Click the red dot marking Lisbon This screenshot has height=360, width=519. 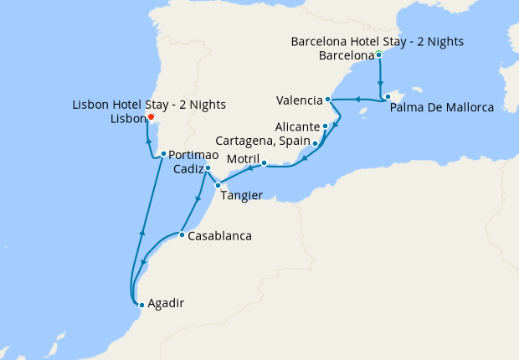pos(151,117)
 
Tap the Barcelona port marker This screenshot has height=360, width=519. pos(379,55)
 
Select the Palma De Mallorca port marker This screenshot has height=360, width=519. pos(388,97)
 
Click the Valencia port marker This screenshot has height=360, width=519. pos(328,100)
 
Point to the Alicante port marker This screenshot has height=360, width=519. pos(325,126)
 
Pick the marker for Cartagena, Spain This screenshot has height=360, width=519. pos(315,143)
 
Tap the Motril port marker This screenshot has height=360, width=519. pos(264,163)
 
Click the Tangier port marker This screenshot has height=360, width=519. pos(218,185)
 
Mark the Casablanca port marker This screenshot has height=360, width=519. pos(182,234)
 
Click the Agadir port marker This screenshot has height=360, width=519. pos(141,305)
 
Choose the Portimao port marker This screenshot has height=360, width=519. pos(163,154)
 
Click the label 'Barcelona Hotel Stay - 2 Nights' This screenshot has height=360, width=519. pos(377,41)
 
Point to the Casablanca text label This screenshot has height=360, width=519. pos(220,236)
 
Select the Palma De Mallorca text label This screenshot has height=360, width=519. pos(442,108)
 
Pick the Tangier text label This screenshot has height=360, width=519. pos(242,196)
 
